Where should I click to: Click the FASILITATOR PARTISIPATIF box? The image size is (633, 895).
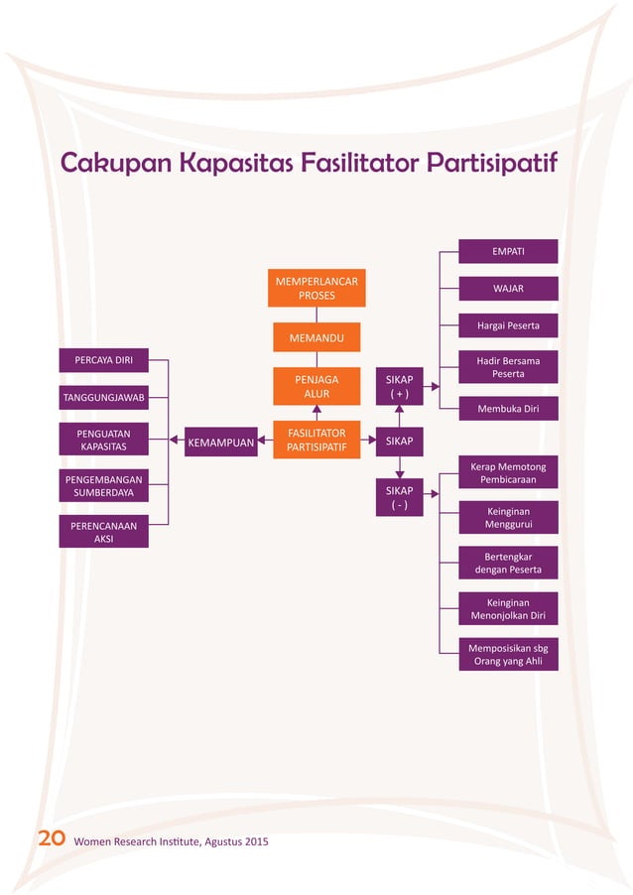click(316, 440)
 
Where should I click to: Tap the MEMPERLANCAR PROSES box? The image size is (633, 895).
click(316, 288)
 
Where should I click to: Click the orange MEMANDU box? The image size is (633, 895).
click(316, 338)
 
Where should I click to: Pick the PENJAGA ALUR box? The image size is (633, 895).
click(316, 386)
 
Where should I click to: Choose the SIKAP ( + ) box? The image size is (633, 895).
click(399, 386)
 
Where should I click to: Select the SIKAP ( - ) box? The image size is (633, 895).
click(399, 497)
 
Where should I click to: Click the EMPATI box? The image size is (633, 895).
click(508, 252)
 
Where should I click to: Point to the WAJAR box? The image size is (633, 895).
click(508, 289)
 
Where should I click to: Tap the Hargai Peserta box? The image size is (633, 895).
click(508, 325)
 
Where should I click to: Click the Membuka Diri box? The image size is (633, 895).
click(508, 408)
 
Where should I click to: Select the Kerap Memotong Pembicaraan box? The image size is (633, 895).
click(508, 473)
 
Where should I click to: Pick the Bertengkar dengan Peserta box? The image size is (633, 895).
click(508, 563)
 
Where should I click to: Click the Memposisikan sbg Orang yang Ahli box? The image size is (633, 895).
click(508, 654)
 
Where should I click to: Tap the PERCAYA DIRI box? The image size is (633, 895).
click(104, 358)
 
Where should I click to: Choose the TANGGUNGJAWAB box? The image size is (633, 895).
click(104, 397)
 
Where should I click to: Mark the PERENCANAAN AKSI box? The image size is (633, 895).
click(104, 532)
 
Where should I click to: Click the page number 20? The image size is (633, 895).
click(52, 841)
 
